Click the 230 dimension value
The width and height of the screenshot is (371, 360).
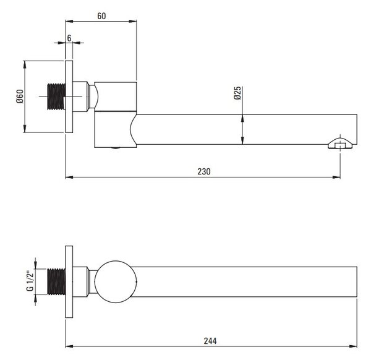204,171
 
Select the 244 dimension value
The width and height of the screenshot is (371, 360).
210,341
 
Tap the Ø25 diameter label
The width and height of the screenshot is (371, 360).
237,93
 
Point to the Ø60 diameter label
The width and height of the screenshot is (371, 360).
20,96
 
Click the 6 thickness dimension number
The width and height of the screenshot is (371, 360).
69,38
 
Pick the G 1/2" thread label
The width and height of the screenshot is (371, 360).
30,281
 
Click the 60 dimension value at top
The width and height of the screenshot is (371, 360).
101,16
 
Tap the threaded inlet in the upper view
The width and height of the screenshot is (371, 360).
56,96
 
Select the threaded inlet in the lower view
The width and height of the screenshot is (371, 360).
56,281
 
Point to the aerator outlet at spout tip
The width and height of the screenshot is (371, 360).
340,144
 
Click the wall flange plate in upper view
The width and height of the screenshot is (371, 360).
69,96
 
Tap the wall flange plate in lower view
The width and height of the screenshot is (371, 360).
69,281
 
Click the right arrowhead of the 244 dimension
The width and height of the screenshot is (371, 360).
353,346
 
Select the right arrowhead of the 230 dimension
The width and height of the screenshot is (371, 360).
336,177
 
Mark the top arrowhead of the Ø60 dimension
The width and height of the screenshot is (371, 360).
25,64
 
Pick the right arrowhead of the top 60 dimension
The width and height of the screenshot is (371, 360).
133,21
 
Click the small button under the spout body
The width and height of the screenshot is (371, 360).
116,148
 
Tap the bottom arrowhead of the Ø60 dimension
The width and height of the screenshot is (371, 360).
25,129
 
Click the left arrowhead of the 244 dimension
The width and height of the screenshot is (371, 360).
69,346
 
